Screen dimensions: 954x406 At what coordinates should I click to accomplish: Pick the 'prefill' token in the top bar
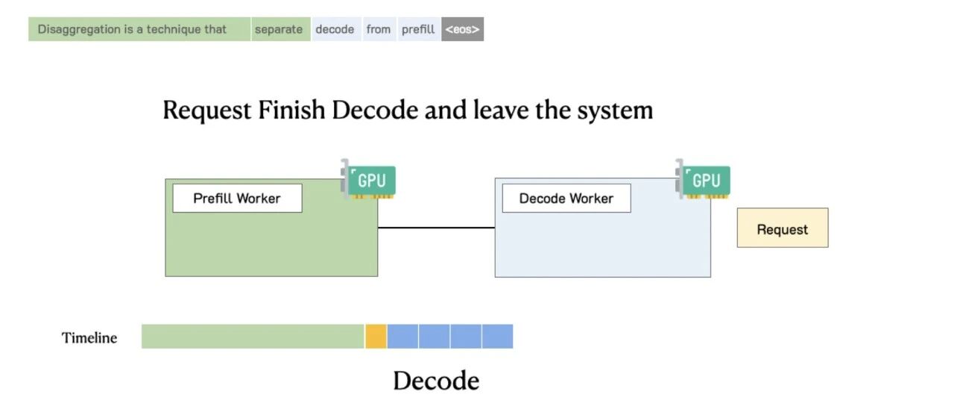[x=419, y=29]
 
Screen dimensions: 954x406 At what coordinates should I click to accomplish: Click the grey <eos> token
[x=463, y=29]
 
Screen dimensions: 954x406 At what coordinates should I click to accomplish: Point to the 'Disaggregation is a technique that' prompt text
[x=132, y=29]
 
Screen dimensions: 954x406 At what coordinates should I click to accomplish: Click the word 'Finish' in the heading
[x=291, y=110]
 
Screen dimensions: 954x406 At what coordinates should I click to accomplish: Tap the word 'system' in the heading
[x=615, y=110]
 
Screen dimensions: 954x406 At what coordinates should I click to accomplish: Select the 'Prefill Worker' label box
[x=237, y=199]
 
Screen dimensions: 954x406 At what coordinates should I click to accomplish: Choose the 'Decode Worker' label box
[x=566, y=199]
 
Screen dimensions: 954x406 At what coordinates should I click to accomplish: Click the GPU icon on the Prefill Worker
[x=368, y=179]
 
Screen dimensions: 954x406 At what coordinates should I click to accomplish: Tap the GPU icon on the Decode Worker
[x=703, y=179]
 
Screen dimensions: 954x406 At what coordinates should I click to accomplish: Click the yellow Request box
[x=783, y=228]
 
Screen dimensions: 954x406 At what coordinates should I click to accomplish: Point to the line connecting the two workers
[x=436, y=228]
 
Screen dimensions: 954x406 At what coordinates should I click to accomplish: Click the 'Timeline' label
[x=89, y=338]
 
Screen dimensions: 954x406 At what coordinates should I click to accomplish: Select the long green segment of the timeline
[x=253, y=337]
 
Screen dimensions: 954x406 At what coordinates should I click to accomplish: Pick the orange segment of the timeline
[x=376, y=337]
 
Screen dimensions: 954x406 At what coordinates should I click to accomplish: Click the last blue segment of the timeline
[x=497, y=337]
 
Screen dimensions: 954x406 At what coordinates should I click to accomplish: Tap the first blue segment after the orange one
[x=402, y=337]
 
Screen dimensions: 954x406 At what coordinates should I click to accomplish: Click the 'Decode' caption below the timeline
[x=436, y=381]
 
